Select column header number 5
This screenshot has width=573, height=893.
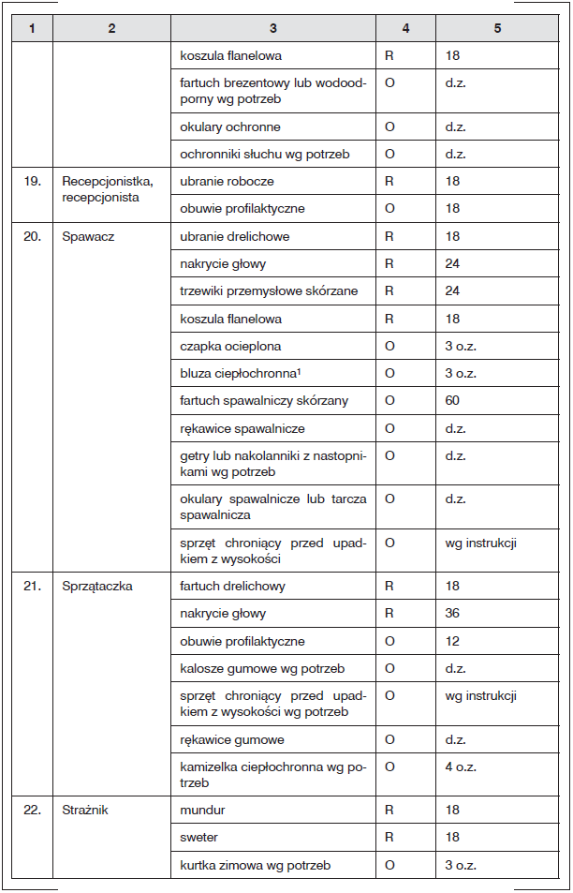(x=497, y=28)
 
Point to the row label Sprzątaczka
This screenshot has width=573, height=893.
(x=97, y=587)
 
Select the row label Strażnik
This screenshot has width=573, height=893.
(x=85, y=811)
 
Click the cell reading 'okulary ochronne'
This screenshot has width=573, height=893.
(x=230, y=127)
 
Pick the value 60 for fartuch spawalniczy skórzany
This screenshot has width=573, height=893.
(x=453, y=401)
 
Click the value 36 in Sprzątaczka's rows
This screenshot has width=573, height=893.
(x=453, y=614)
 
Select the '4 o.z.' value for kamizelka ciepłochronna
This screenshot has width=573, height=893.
(x=461, y=766)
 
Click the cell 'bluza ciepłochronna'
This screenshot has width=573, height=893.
(x=240, y=374)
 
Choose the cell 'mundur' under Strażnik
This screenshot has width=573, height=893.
(x=203, y=811)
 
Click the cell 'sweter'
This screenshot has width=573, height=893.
(x=198, y=838)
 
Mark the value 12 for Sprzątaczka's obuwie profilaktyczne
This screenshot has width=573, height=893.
(x=453, y=642)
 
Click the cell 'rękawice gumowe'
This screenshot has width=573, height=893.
(x=232, y=740)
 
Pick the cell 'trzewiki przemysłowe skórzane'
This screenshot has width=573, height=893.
(x=263, y=291)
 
